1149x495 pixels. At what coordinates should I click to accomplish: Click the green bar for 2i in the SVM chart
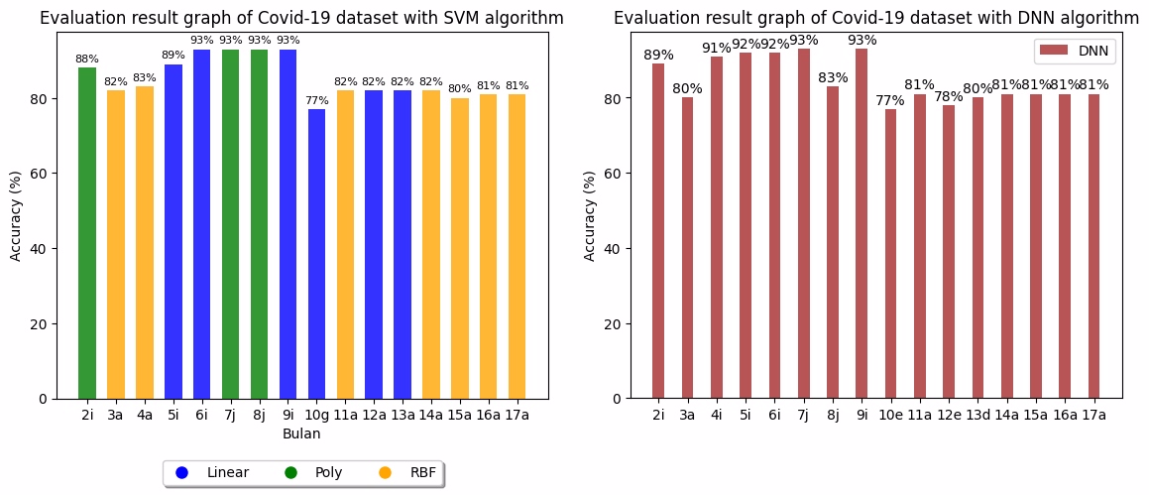[87, 233]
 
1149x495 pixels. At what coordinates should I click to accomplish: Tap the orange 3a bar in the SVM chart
[116, 244]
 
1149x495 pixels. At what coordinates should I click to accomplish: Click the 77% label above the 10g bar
[316, 101]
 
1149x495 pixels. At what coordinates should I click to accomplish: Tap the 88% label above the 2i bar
[87, 60]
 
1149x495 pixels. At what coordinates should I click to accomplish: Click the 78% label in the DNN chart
[948, 96]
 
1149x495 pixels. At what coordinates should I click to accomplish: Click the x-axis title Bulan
[301, 434]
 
